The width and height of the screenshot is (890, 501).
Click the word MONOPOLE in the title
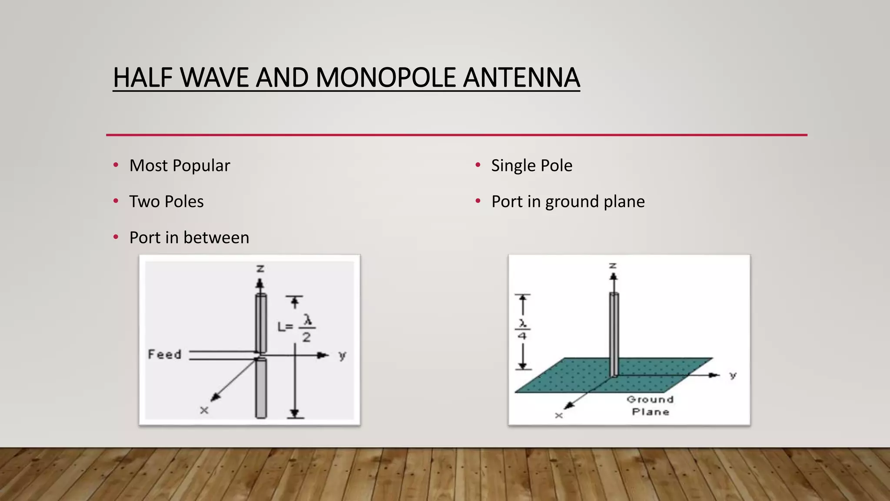tap(386, 78)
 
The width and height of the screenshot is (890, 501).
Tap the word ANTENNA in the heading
tap(521, 78)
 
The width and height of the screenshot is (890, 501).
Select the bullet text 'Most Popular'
tap(179, 166)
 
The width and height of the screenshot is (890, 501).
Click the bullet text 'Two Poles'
tap(166, 202)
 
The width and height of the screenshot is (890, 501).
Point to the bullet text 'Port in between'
tap(189, 238)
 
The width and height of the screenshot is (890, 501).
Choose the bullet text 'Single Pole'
tap(531, 166)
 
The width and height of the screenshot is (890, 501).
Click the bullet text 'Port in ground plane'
tap(568, 202)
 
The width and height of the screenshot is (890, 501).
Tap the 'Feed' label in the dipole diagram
tap(164, 354)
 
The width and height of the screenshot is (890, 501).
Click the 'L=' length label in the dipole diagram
tap(285, 327)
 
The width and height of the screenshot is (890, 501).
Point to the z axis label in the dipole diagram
tap(260, 269)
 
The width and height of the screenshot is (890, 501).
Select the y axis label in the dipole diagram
tap(342, 356)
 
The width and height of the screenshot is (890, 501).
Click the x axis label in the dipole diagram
tap(204, 410)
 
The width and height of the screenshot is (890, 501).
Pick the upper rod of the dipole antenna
tap(261, 323)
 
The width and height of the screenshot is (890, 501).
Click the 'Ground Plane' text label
tap(650, 405)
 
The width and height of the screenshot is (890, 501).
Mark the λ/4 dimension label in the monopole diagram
tap(522, 330)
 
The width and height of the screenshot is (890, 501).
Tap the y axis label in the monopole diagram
tap(733, 375)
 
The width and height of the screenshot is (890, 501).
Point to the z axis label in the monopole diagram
tap(613, 265)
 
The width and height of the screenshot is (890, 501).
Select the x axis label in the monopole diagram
tap(559, 416)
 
